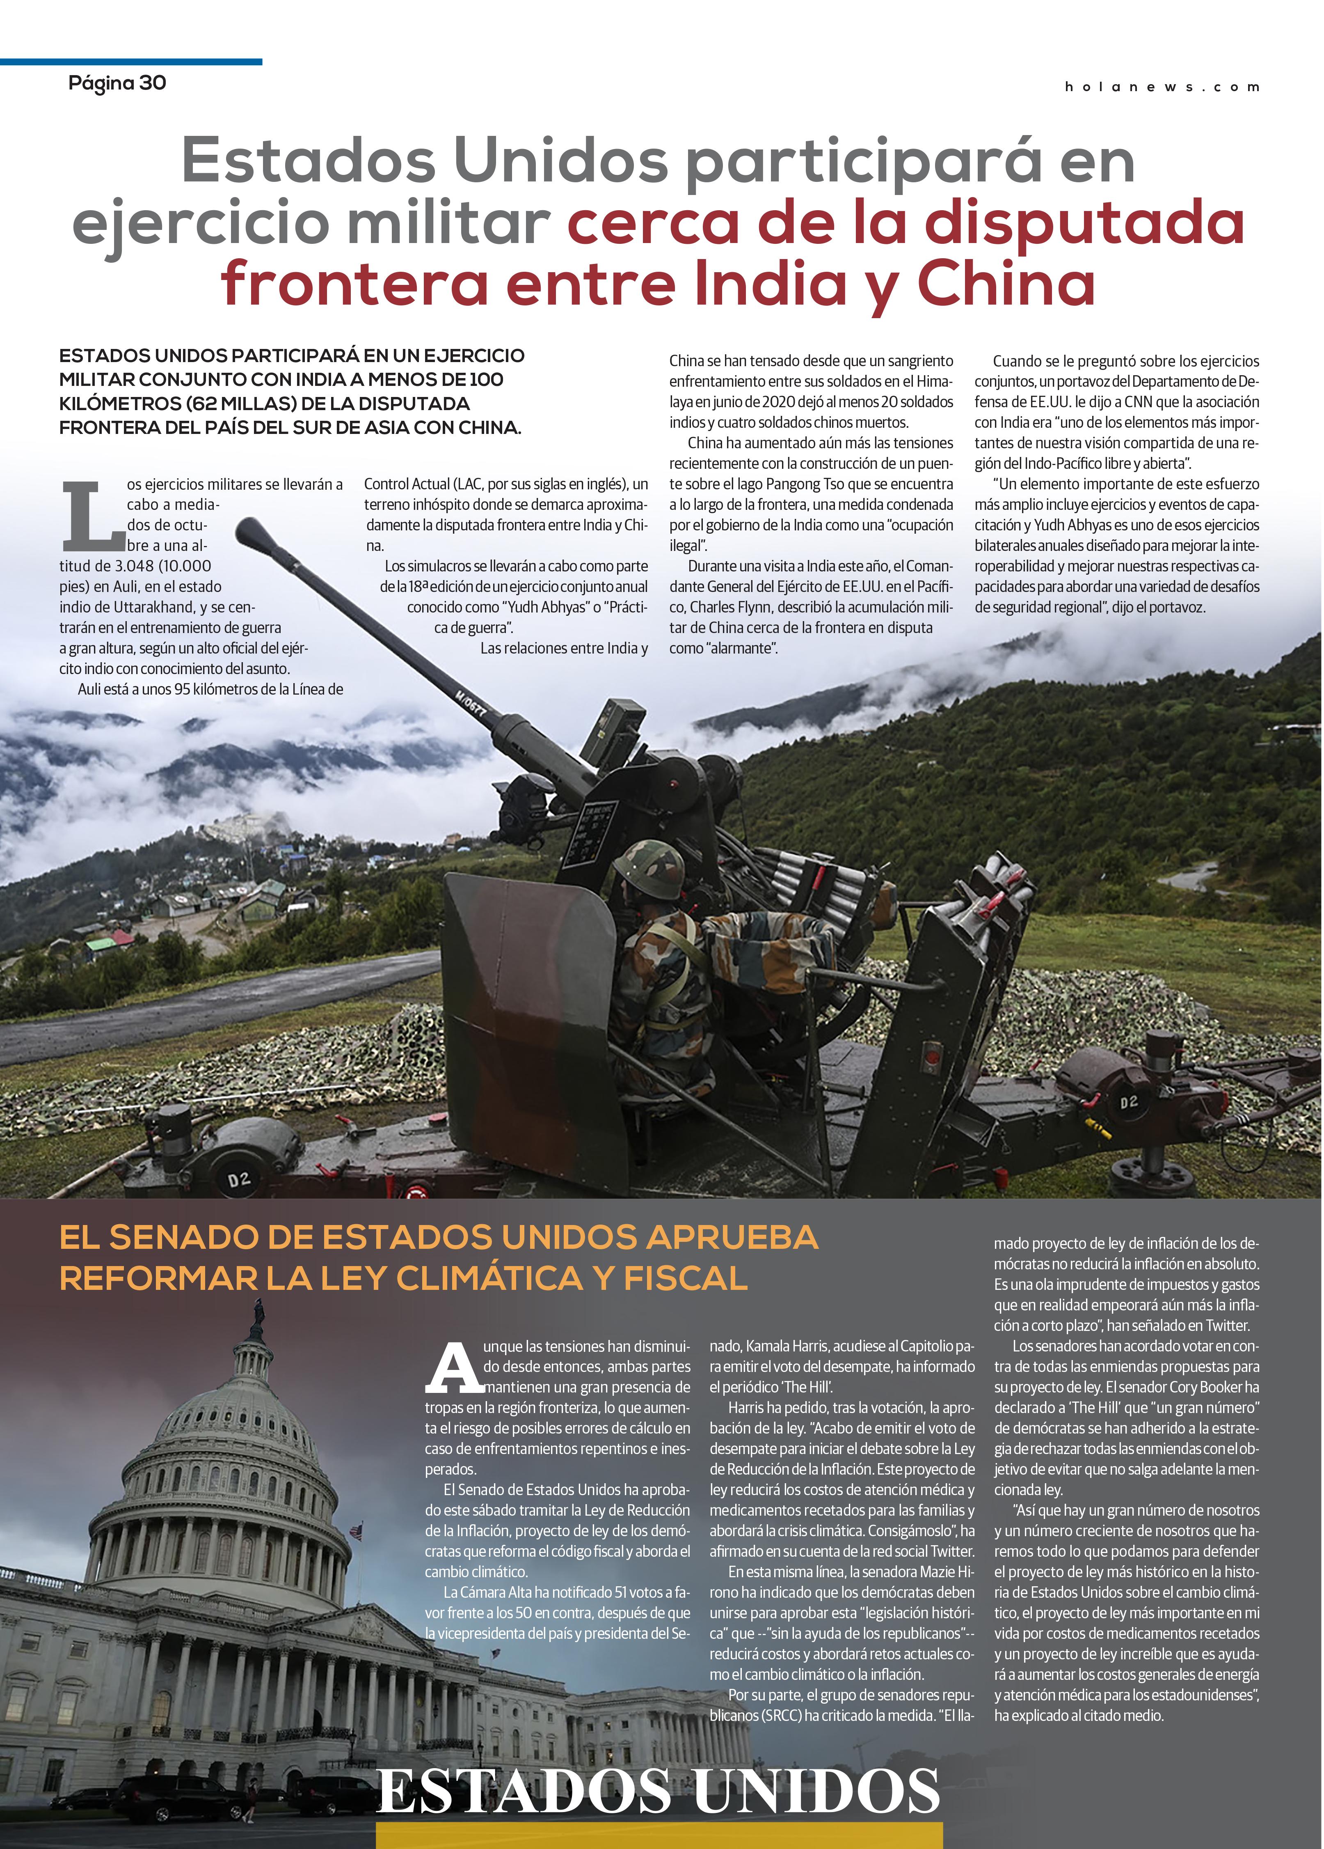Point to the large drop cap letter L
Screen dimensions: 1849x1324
click(89, 515)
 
